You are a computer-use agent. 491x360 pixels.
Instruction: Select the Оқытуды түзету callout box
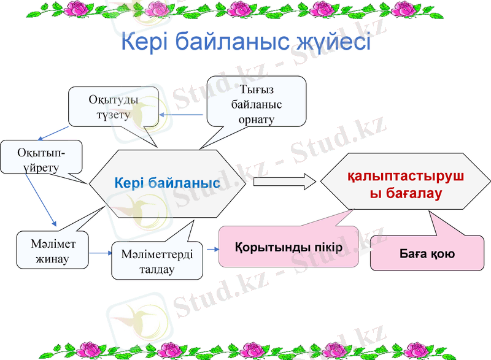click(113, 107)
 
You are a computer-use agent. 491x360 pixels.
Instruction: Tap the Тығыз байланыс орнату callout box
click(257, 104)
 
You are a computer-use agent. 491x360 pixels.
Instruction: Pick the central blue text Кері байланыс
click(167, 183)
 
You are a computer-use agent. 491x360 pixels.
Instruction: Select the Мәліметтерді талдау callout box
click(157, 261)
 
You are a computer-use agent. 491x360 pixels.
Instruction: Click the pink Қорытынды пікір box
click(288, 247)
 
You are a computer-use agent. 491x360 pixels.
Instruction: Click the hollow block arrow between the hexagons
click(284, 182)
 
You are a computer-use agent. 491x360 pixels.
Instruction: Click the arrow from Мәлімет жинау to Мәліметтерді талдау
click(99, 253)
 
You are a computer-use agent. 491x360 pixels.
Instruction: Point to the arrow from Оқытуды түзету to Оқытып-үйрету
click(53, 132)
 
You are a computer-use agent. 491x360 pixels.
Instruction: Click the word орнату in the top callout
click(257, 119)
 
